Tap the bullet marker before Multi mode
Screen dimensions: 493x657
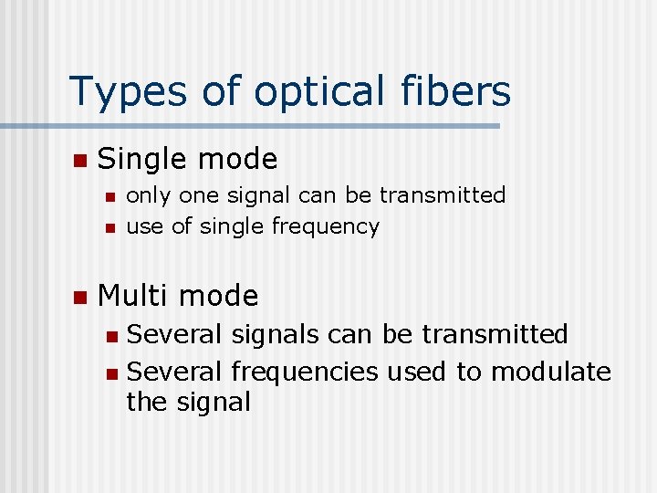click(79, 297)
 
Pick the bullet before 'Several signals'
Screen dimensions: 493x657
click(110, 336)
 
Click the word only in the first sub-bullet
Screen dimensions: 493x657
click(148, 195)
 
